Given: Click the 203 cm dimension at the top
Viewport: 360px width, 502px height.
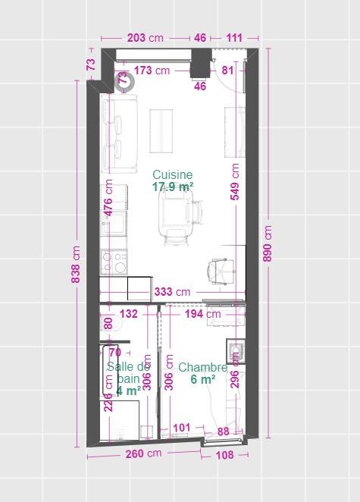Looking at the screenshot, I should click(145, 38).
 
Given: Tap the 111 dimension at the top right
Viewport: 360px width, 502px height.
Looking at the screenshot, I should click(234, 38).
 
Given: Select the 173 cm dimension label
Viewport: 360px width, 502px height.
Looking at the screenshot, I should click(152, 71).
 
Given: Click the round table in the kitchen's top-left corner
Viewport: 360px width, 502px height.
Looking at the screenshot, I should click(124, 80).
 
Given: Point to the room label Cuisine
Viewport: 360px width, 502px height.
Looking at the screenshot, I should click(172, 174).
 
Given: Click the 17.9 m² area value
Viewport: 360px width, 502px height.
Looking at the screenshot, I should click(172, 187).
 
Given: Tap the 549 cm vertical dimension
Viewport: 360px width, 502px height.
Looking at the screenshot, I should click(235, 181).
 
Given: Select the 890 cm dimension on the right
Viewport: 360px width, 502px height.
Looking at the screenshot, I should click(267, 243).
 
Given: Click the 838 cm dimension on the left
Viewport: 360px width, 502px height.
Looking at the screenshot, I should click(76, 263).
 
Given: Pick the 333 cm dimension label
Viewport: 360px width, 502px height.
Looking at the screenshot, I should click(172, 291).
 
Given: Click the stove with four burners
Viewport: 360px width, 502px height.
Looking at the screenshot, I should click(115, 262).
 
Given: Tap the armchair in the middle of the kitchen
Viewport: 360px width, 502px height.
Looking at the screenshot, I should click(175, 212).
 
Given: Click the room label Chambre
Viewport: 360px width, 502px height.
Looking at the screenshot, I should click(202, 368).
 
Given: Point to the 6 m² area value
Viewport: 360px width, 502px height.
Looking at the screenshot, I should click(202, 380).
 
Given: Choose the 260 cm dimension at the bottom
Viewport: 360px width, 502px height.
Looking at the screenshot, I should click(143, 454).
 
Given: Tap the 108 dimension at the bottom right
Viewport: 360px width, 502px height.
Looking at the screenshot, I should click(225, 455).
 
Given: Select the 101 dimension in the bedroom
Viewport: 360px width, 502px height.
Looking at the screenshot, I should click(181, 428).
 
